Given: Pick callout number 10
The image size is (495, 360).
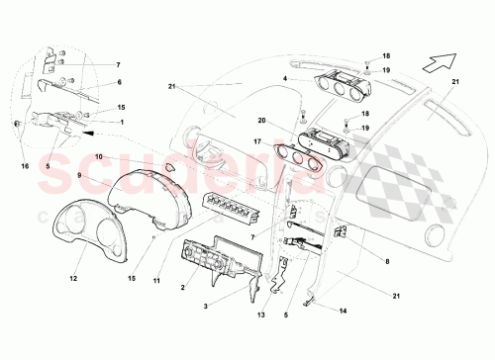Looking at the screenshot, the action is (98, 156).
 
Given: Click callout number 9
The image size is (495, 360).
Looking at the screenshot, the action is (77, 176).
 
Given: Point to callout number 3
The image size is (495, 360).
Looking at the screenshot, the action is (206, 307).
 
